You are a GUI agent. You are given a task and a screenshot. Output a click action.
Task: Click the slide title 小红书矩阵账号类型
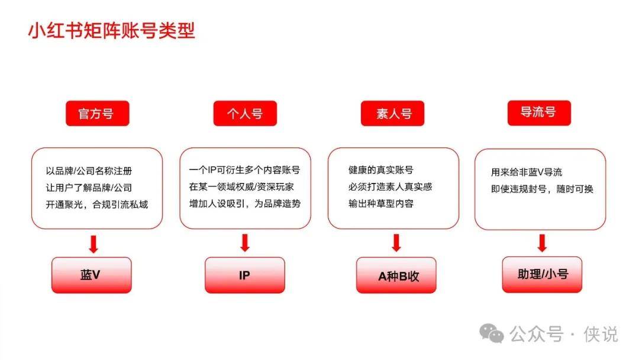(x=111, y=31)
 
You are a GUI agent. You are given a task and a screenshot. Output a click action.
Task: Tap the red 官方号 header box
(x=98, y=113)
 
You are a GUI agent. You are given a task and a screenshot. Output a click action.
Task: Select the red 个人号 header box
(x=245, y=113)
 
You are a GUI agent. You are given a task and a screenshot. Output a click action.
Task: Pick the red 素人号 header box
(x=392, y=113)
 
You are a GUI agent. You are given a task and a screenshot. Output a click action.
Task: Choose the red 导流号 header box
(x=539, y=113)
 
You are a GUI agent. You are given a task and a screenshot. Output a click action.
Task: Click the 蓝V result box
(x=91, y=275)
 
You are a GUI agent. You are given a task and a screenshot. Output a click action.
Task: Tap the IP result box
(x=244, y=275)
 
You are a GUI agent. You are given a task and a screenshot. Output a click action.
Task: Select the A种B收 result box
(x=396, y=275)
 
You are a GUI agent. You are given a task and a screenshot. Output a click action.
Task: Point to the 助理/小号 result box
(x=542, y=274)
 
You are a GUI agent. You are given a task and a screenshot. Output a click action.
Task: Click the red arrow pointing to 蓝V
(x=93, y=244)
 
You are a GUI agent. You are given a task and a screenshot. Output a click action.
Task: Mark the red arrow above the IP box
(x=245, y=243)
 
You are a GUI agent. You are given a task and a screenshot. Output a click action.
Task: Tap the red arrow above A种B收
(x=396, y=243)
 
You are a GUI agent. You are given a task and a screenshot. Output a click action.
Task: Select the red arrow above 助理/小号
(x=542, y=243)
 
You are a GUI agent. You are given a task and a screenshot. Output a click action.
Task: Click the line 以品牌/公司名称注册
(x=89, y=171)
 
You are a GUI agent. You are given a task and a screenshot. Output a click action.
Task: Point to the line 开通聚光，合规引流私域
(x=97, y=204)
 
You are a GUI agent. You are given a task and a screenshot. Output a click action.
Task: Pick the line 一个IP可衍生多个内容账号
(x=244, y=170)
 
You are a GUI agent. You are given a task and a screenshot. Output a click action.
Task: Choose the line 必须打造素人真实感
(x=390, y=187)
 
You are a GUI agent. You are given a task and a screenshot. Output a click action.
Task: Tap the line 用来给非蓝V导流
(x=527, y=172)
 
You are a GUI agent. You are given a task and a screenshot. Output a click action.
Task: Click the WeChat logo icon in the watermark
(x=492, y=333)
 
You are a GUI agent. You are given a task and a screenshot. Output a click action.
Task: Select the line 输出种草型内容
(x=381, y=204)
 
